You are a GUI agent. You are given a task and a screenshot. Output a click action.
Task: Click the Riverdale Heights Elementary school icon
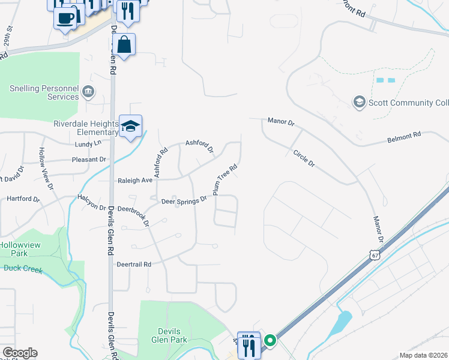(x=130, y=127)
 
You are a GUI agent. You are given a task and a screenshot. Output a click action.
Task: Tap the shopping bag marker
(x=124, y=45)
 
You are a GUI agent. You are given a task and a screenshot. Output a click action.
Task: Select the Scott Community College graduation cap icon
(x=360, y=102)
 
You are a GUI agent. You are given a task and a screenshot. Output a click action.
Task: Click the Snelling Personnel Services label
(x=44, y=92)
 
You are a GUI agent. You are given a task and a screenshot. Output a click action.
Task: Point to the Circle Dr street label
(x=304, y=158)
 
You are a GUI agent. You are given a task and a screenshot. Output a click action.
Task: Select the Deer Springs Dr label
(x=184, y=201)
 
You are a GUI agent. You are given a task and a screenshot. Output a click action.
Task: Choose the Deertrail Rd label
(x=133, y=264)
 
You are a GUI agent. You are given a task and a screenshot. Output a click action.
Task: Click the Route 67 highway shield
(x=375, y=256)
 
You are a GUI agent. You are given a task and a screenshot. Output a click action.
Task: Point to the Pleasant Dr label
(x=89, y=160)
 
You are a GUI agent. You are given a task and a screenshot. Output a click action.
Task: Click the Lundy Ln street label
(x=88, y=144)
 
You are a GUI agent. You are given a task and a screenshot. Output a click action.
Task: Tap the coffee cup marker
(x=65, y=17)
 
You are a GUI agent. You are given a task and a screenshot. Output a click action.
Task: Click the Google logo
(x=20, y=353)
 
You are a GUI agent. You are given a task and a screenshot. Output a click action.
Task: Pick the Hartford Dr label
(x=23, y=199)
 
